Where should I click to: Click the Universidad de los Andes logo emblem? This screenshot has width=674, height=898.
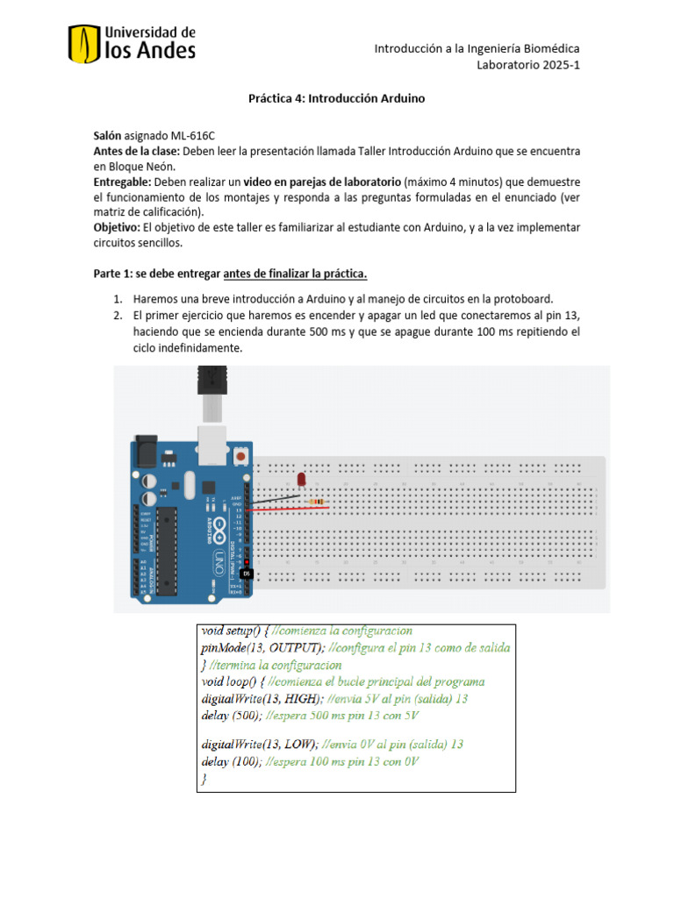(x=84, y=44)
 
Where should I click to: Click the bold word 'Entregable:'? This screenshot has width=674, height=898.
(x=123, y=182)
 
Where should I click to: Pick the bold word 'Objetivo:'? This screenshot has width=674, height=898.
(x=118, y=227)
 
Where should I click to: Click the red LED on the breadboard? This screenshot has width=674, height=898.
(x=300, y=481)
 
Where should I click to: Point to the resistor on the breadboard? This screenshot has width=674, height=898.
(x=312, y=501)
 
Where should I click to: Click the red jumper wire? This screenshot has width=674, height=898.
(x=290, y=508)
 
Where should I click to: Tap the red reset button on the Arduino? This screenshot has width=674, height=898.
(x=239, y=457)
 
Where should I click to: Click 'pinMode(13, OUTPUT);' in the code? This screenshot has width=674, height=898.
(x=261, y=647)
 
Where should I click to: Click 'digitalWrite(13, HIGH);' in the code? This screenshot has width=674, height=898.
(x=260, y=698)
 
